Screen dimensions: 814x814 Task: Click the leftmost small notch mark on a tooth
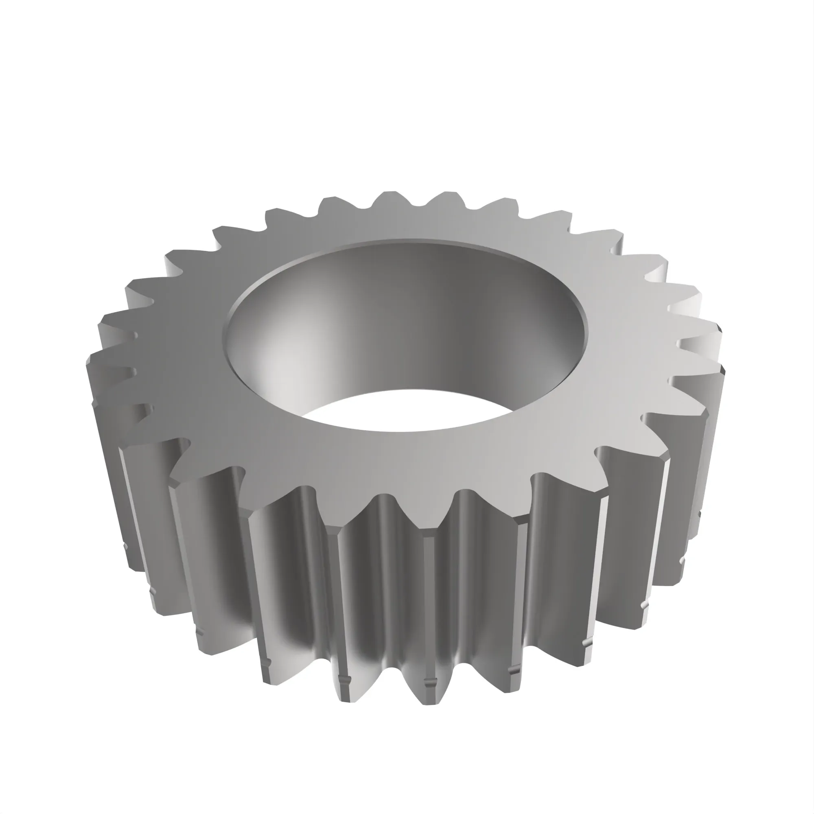click(125, 548)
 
